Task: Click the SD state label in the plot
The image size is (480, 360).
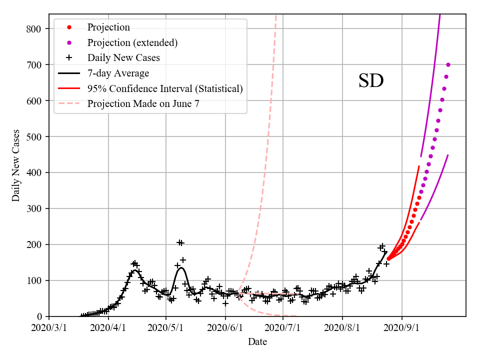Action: [371, 81]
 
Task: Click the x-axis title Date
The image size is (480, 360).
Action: [257, 342]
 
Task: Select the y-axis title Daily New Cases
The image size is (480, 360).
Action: [16, 165]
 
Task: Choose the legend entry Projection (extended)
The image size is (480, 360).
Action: [132, 42]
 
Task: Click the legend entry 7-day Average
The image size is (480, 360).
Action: [118, 73]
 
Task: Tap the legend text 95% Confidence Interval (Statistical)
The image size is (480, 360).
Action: [165, 89]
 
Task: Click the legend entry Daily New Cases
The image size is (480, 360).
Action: [123, 58]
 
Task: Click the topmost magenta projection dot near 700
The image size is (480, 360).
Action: [448, 64]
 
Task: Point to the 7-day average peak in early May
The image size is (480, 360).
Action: [181, 267]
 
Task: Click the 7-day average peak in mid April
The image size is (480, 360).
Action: [135, 270]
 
